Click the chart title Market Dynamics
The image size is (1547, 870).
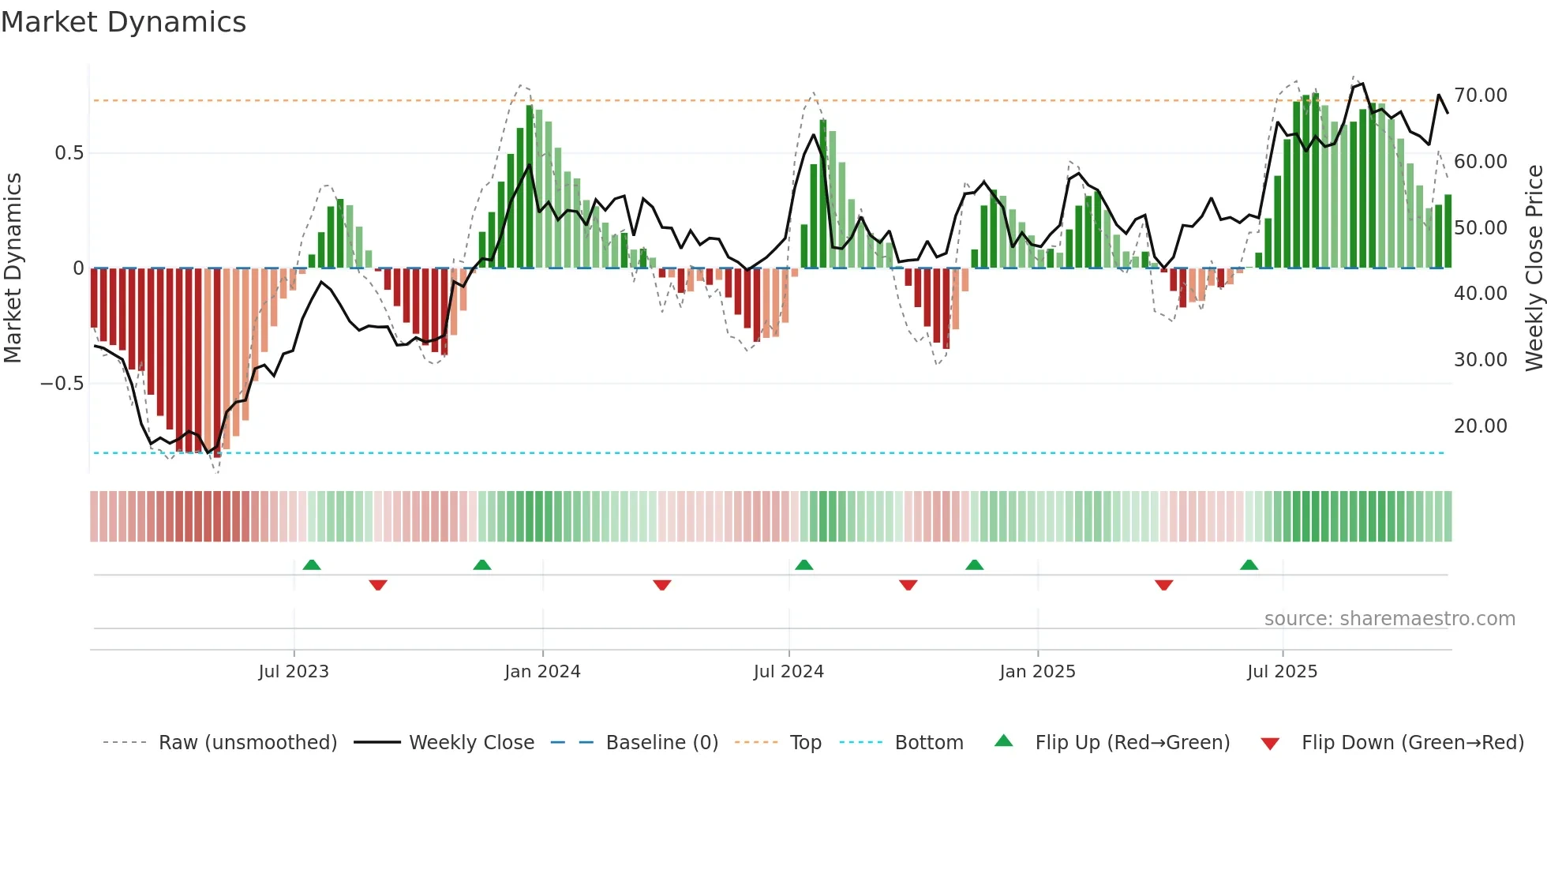pyautogui.click(x=123, y=22)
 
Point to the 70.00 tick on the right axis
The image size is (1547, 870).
pyautogui.click(x=1480, y=96)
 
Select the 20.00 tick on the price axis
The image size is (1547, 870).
pyautogui.click(x=1480, y=426)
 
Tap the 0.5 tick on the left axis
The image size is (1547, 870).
pyautogui.click(x=69, y=153)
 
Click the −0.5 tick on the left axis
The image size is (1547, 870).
pyautogui.click(x=62, y=384)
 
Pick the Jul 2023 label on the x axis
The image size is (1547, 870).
pyautogui.click(x=294, y=672)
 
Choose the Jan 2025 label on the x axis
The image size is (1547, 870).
pyautogui.click(x=1037, y=672)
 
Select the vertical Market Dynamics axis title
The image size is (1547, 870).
pyautogui.click(x=13, y=268)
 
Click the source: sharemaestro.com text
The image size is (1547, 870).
pyautogui.click(x=1389, y=619)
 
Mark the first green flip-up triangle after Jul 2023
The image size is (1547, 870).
pyautogui.click(x=312, y=564)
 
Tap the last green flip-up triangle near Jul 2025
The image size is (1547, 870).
pyautogui.click(x=1249, y=564)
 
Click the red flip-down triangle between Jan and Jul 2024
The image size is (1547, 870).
pyautogui.click(x=662, y=585)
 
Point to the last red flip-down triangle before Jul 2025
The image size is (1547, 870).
pyautogui.click(x=1163, y=585)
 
